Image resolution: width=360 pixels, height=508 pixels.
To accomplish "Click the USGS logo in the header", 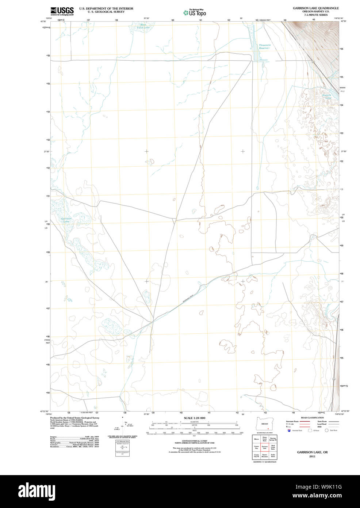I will coord(62,11).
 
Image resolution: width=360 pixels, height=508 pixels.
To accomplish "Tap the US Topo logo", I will coord(195,12).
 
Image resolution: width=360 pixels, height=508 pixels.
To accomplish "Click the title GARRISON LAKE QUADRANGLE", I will coord(315,8).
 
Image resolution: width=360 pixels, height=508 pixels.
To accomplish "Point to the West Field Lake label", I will coord(143,26).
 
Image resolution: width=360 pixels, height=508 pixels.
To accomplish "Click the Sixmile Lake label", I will coord(327,96).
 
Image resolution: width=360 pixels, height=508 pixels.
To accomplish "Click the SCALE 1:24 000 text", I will coord(194,418).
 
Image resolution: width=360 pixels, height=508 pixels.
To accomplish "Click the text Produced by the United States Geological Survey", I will coord(75,418).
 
